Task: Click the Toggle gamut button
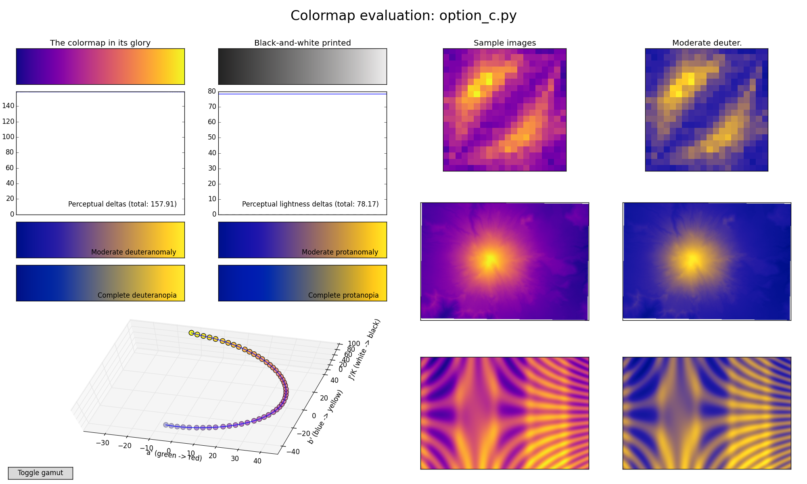(x=40, y=473)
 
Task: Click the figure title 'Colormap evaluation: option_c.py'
(x=403, y=16)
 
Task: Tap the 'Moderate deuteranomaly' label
(x=134, y=252)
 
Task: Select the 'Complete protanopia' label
(x=343, y=295)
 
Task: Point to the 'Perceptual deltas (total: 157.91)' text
(x=122, y=204)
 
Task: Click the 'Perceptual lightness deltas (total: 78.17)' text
(x=310, y=204)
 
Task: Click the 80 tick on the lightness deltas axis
(x=212, y=91)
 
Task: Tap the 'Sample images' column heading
(x=505, y=43)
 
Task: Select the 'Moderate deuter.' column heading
(x=707, y=43)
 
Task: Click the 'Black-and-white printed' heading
(x=303, y=43)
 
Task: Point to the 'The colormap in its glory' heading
(x=100, y=43)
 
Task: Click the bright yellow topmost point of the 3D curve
(x=191, y=332)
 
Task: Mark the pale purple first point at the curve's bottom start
(x=166, y=425)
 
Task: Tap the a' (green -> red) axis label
(x=174, y=456)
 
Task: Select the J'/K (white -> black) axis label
(x=364, y=349)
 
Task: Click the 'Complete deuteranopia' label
(x=137, y=295)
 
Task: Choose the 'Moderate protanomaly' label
(x=340, y=252)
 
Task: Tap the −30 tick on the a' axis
(x=103, y=442)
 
